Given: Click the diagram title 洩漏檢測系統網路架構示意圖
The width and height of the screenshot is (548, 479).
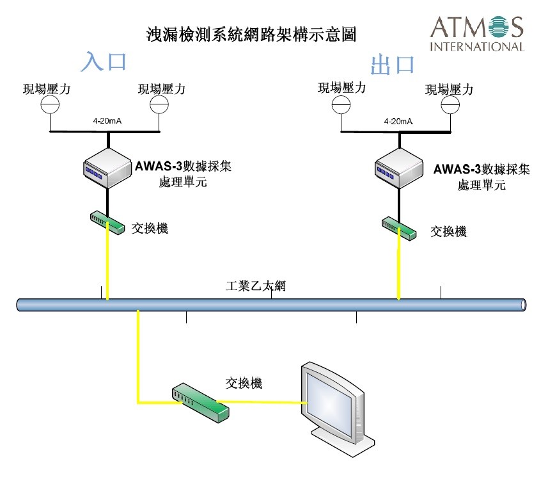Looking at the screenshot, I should tap(251, 34).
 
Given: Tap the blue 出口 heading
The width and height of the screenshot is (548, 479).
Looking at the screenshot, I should tap(393, 65).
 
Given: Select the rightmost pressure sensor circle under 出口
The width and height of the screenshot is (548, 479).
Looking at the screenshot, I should tap(451, 104).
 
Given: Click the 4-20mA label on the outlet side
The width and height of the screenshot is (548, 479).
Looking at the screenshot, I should tap(398, 120).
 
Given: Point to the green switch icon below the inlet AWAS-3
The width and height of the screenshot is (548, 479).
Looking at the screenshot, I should tap(107, 223).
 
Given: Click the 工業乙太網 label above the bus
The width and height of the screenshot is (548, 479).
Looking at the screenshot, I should tap(256, 286).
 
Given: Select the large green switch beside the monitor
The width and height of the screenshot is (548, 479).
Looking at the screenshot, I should tap(200, 402).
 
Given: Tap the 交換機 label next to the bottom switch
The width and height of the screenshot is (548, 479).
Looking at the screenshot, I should tap(244, 383).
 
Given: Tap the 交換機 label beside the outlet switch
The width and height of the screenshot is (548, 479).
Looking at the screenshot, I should tap(448, 231).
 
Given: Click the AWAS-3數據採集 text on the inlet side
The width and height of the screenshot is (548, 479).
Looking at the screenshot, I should tap(184, 167).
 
